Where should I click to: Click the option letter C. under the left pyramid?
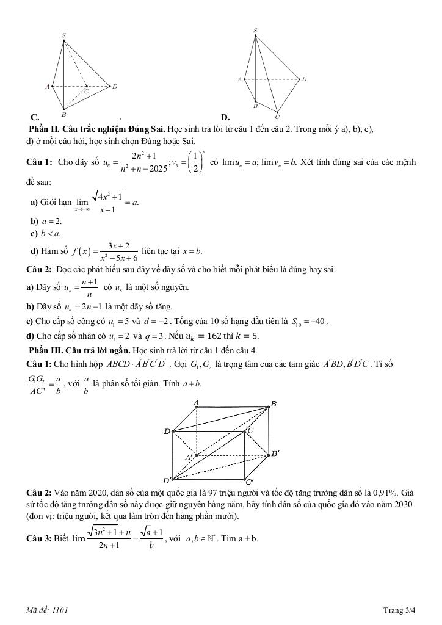(x=35, y=117)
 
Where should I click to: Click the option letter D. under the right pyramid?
(x=225, y=117)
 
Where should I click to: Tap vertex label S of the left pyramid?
(x=63, y=36)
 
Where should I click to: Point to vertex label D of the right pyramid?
(x=304, y=79)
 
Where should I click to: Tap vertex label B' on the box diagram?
(x=275, y=453)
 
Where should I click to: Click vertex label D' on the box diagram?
(x=166, y=480)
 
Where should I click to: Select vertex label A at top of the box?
(x=197, y=403)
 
